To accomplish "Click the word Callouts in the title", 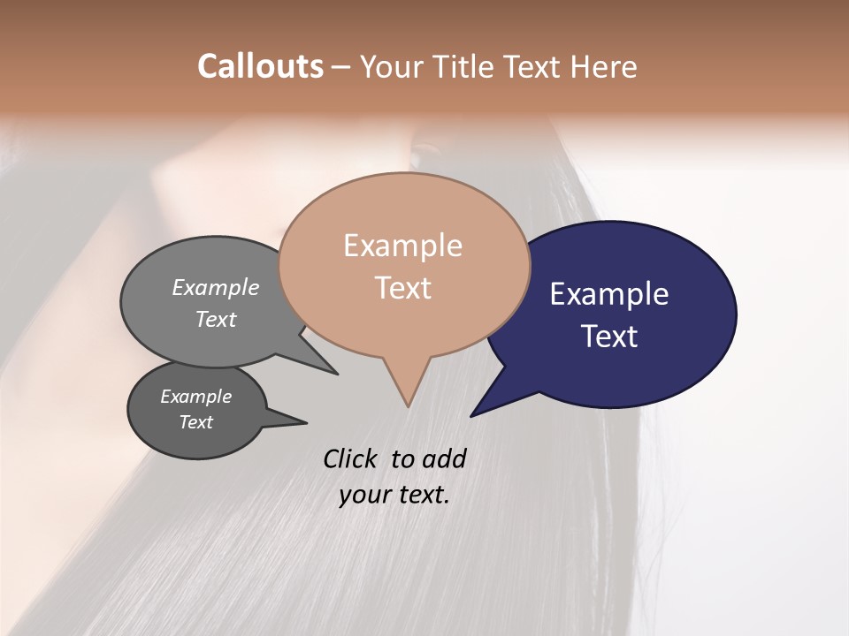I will [x=260, y=66].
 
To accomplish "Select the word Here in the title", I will [x=604, y=66].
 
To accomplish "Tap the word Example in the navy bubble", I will [x=609, y=294].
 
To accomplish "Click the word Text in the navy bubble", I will [x=610, y=337].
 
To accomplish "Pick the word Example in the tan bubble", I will [x=402, y=246].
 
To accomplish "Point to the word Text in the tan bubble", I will [x=403, y=288].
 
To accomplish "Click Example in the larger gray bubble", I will [x=216, y=287].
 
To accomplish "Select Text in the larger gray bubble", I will [x=216, y=319].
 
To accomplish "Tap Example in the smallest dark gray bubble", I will [x=196, y=397].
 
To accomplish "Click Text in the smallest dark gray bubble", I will [x=196, y=422].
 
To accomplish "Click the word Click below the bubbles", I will [x=352, y=458].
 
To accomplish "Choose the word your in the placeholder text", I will [x=364, y=495].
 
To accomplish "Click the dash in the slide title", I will [x=341, y=67].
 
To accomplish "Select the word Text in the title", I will [x=536, y=66].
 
